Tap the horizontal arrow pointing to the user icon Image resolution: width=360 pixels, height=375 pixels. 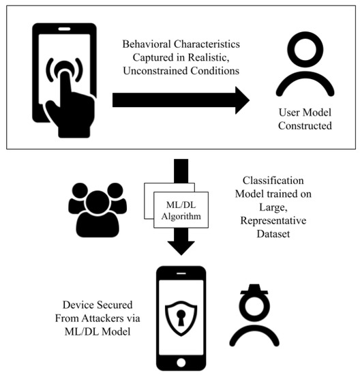coord(181,100)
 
